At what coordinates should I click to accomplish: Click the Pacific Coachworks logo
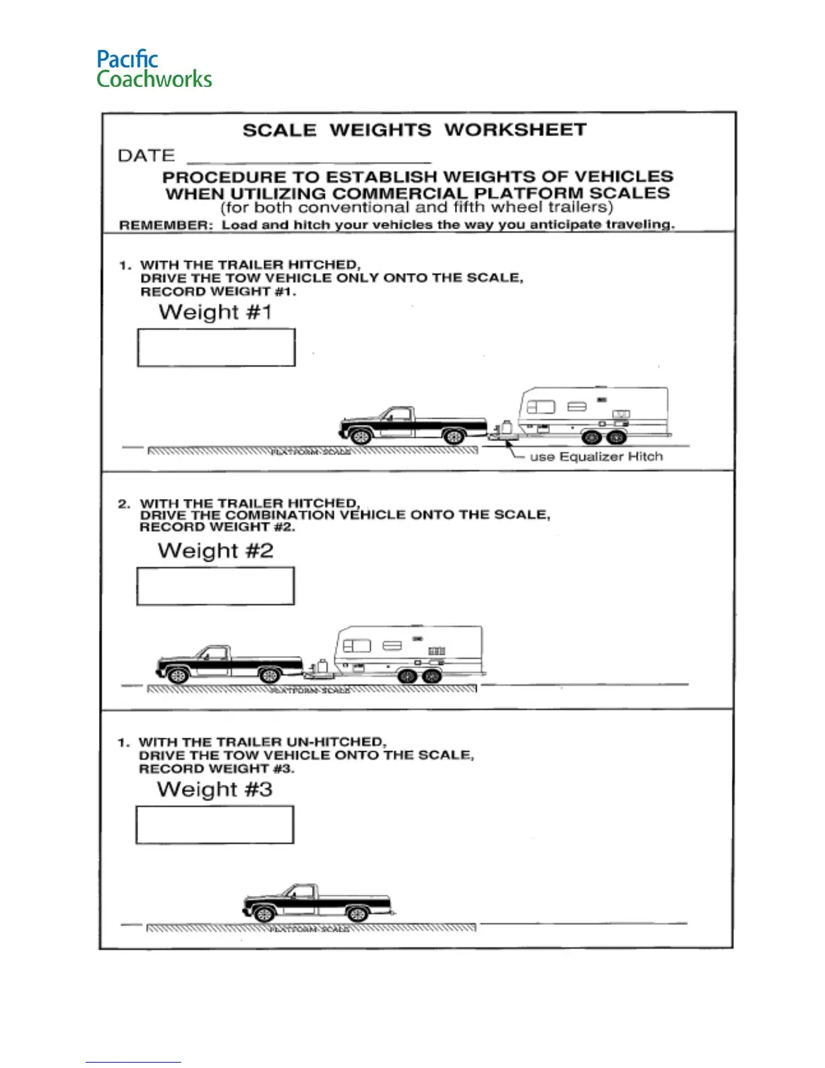tap(154, 69)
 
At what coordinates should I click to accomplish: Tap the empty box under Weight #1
tap(216, 347)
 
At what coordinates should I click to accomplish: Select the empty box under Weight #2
tap(216, 586)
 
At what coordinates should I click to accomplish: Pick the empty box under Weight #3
tap(215, 825)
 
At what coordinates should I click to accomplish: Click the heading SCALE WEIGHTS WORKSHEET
tap(414, 129)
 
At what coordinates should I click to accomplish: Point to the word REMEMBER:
tap(166, 225)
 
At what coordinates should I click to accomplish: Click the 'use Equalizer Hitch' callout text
tap(596, 456)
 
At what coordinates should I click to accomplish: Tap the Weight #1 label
tap(215, 312)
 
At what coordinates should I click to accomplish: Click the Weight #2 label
tap(216, 551)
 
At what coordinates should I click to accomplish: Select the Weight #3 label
tap(214, 790)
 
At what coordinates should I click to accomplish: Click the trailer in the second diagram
tap(409, 652)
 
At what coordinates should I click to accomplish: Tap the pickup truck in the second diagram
tap(228, 664)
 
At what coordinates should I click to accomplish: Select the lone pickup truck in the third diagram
tap(317, 903)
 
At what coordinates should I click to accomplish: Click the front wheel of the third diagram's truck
tap(264, 914)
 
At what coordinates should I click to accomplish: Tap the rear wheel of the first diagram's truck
tap(454, 437)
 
